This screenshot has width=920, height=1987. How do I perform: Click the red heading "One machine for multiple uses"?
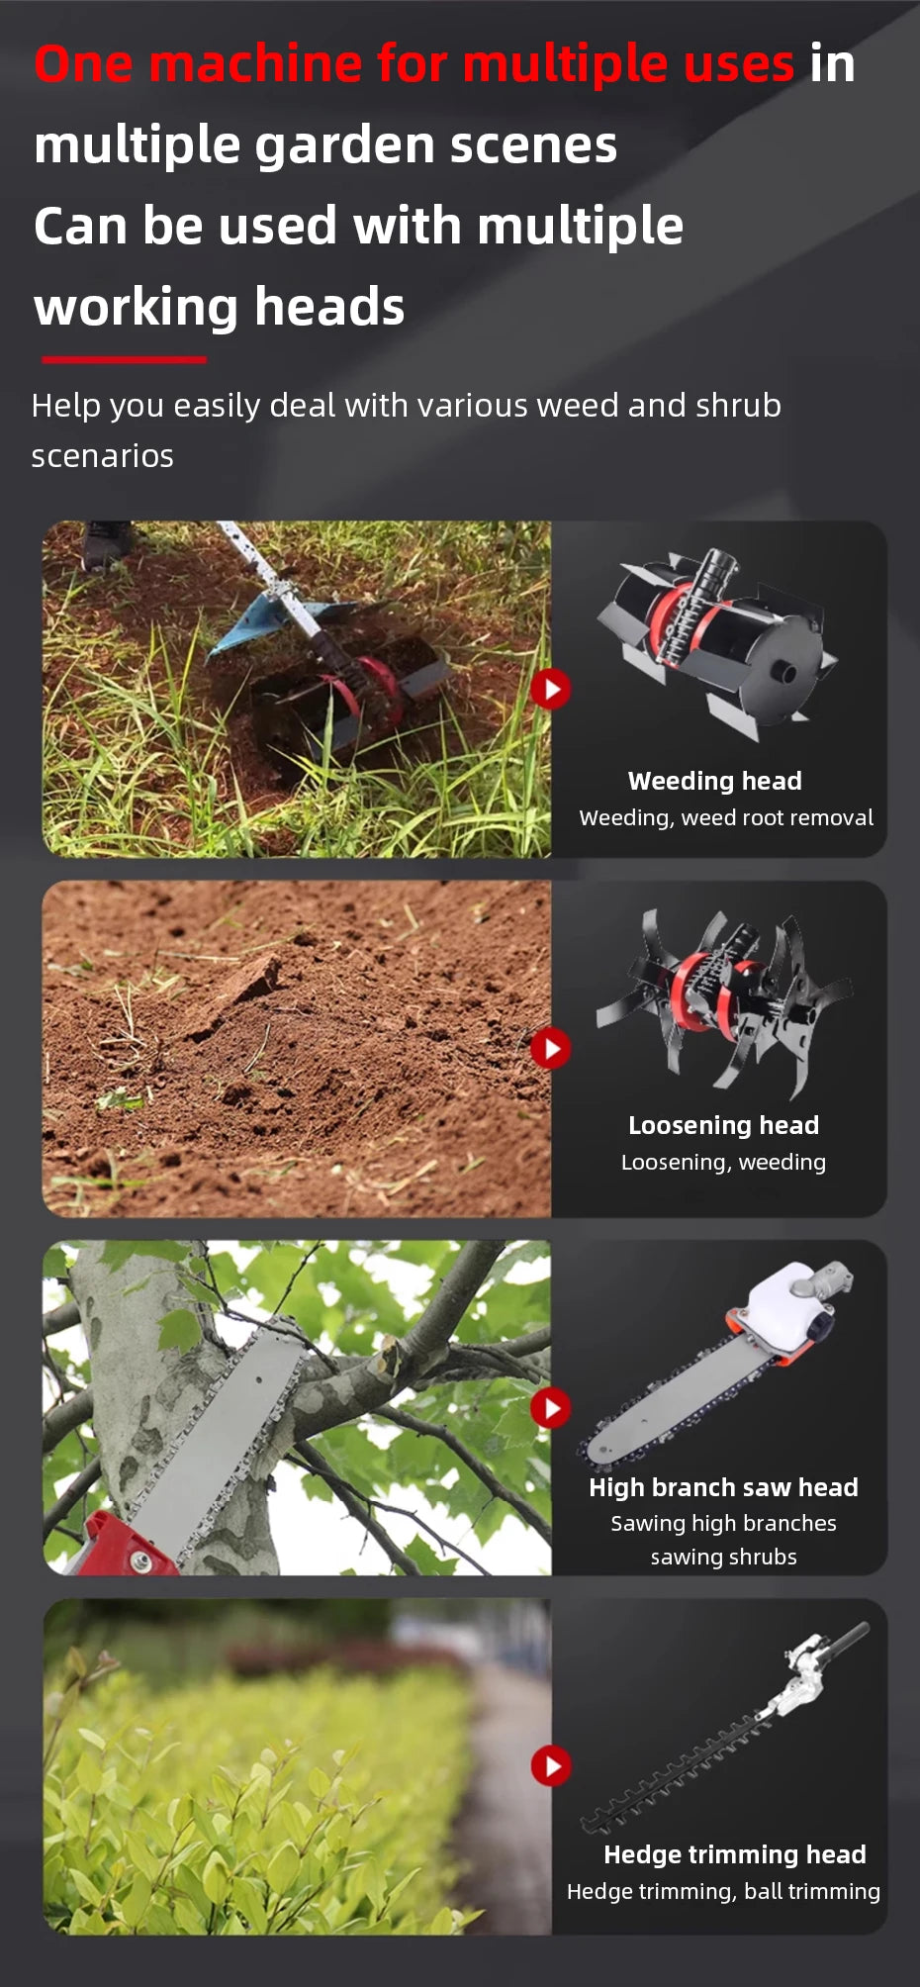point(414,63)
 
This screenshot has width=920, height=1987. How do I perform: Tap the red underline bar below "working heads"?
point(124,359)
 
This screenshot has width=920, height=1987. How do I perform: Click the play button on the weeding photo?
point(551,689)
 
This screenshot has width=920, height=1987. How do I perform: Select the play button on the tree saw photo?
point(551,1407)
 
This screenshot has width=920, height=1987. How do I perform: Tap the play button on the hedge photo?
point(551,1766)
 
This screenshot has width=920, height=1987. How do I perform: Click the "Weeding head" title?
point(714,781)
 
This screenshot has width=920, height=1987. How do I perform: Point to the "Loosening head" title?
point(723,1125)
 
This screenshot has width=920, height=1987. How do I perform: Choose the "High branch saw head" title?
point(723,1487)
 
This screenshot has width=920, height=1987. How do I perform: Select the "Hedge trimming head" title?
point(734,1854)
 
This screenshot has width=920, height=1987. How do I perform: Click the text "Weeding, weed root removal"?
point(726,818)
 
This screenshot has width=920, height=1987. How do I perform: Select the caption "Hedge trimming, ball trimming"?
point(723,1892)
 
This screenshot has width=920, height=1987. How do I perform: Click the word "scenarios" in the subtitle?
point(102,456)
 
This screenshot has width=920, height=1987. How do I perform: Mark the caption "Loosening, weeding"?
point(723,1163)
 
